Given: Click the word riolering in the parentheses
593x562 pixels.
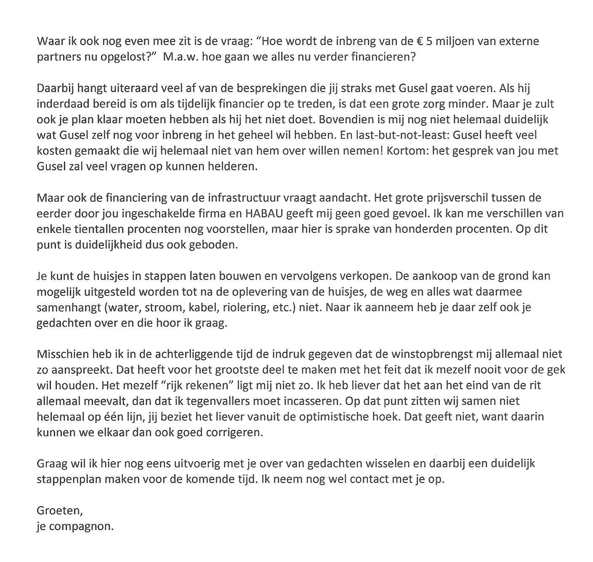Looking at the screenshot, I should tap(243, 307).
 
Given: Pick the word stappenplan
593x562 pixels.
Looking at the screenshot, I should tap(69, 479).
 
